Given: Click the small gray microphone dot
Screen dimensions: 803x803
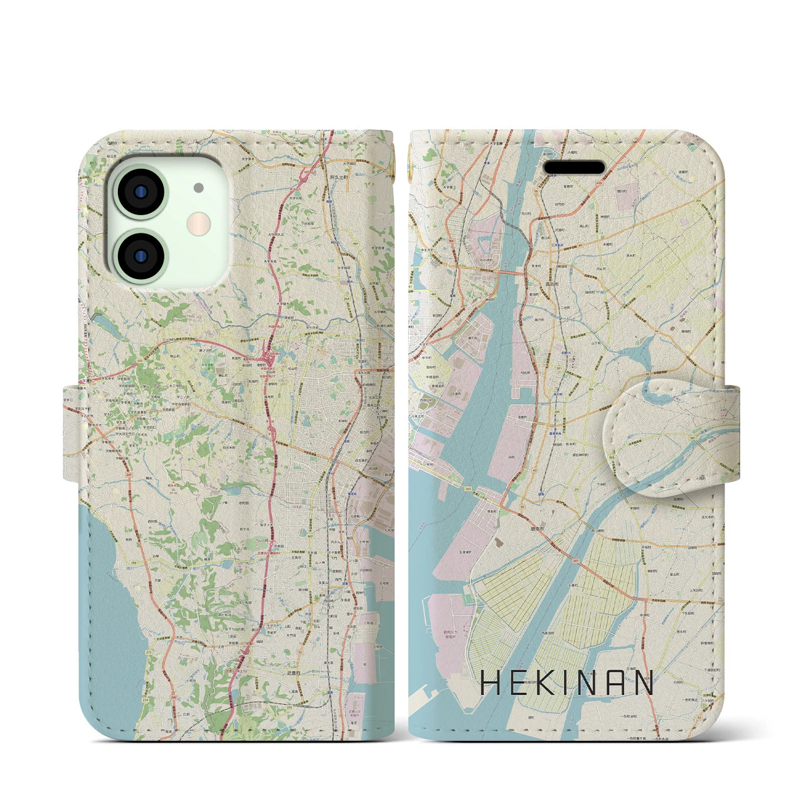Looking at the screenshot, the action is tap(199, 188).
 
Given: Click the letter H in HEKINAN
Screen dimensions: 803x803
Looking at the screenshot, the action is tap(491, 683).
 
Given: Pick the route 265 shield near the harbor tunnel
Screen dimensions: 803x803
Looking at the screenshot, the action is tap(469, 488).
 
